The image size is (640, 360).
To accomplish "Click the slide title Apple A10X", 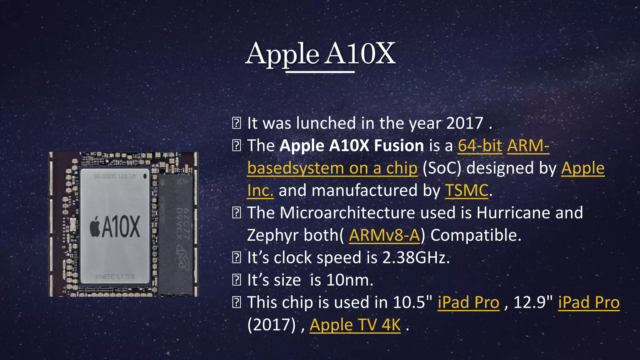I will pyautogui.click(x=320, y=54).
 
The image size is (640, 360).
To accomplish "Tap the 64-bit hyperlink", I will pyautogui.click(x=480, y=146).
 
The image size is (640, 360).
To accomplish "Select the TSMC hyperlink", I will pyautogui.click(x=467, y=191).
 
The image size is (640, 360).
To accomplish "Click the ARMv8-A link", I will pyautogui.click(x=384, y=235).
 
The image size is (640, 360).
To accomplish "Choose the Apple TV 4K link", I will pyautogui.click(x=355, y=325).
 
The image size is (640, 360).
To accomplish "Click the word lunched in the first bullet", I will pyautogui.click(x=326, y=123).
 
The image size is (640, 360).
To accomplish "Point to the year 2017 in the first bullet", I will pyautogui.click(x=465, y=123).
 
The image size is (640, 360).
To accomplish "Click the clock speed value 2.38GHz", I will pyautogui.click(x=416, y=258).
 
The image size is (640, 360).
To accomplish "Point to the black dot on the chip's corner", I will pyautogui.click(x=145, y=176).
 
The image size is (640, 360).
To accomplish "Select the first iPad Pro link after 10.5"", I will pyautogui.click(x=468, y=302).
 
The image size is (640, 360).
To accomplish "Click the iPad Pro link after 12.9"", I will pyautogui.click(x=589, y=302).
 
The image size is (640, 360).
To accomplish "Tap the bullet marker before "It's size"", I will pyautogui.click(x=237, y=280).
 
